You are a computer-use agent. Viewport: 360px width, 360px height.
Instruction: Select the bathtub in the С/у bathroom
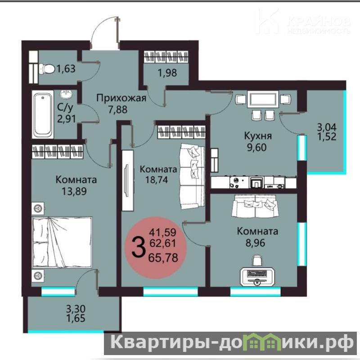tap(43, 114)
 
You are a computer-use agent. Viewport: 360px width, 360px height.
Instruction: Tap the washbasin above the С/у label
tap(66, 94)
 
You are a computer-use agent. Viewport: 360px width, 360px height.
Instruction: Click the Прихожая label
tap(121, 98)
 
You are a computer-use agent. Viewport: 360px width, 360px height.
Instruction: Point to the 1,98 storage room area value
tap(167, 73)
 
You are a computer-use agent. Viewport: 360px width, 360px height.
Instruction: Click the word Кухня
tap(258, 136)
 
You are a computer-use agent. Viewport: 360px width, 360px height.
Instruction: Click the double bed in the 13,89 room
tap(62, 242)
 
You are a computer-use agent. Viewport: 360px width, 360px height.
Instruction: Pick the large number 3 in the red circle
tap(139, 247)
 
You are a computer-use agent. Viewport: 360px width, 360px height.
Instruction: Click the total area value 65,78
tap(163, 257)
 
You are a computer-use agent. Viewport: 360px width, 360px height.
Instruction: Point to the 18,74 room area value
tap(157, 180)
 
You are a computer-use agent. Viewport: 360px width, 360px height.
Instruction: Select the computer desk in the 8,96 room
tap(256, 277)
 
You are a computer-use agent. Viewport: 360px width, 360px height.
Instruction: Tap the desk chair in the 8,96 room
tap(257, 261)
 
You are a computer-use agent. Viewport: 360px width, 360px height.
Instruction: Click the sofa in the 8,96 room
tap(255, 206)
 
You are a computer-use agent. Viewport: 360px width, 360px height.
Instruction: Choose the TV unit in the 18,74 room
tap(127, 180)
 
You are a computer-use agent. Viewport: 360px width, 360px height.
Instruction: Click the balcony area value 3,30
tap(76, 309)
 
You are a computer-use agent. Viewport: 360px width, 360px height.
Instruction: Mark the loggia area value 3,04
tap(327, 127)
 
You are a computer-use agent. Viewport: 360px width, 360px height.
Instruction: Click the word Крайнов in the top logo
tap(319, 22)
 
